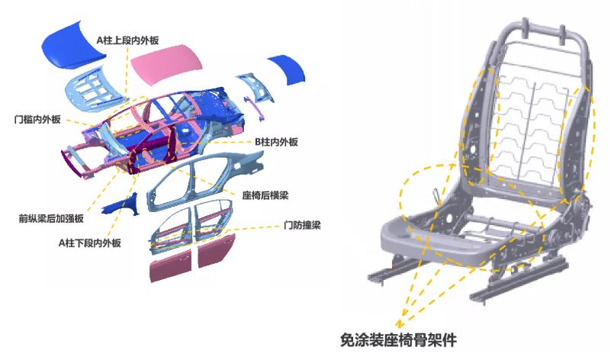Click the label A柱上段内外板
pos(128,38)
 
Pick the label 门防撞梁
pos(299,226)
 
